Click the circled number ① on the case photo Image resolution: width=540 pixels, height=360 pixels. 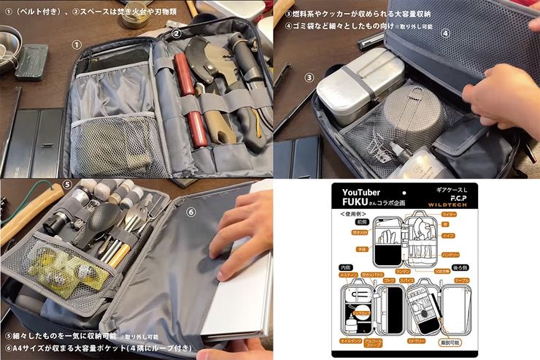[x=76, y=45]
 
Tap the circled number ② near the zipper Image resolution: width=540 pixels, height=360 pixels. [x=177, y=33]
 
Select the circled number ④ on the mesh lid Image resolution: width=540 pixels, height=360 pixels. [x=445, y=33]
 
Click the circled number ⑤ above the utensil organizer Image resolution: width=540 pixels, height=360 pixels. [x=67, y=185]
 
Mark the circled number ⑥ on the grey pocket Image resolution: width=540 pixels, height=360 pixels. [x=192, y=212]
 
